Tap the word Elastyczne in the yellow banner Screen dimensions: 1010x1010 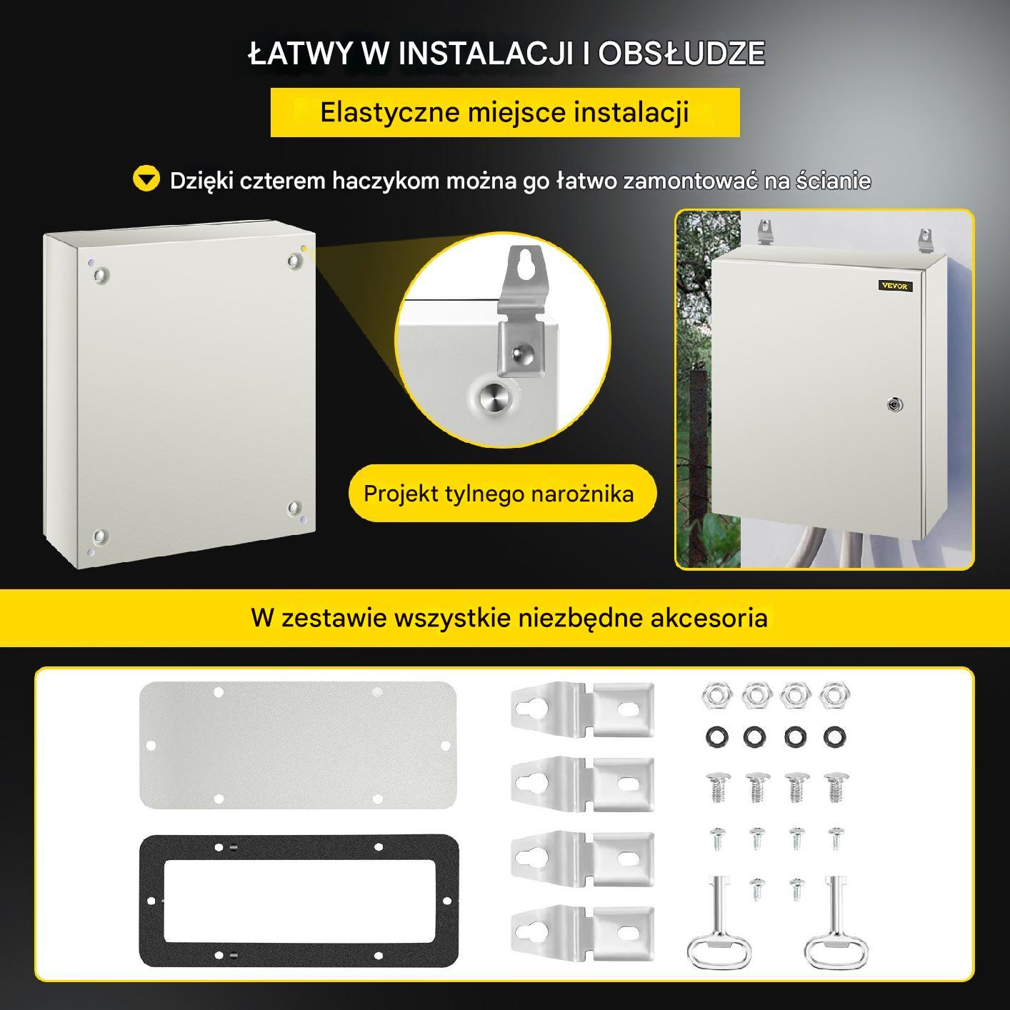pos(390,112)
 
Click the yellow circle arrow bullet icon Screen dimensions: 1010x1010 pos(146,179)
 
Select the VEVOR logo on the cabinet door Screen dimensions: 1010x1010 pos(896,286)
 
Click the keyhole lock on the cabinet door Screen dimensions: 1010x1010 pos(894,404)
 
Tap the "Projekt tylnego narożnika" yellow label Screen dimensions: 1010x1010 pos(502,493)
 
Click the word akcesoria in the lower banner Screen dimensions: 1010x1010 pos(709,617)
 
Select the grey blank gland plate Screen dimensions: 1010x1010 pos(298,745)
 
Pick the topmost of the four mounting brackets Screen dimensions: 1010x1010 pos(582,709)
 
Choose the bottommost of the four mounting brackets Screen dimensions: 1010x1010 pos(582,934)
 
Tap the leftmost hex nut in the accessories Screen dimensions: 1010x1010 pos(716,695)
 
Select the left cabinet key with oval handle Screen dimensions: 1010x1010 pos(719,924)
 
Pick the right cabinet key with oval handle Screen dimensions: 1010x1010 pos(836,924)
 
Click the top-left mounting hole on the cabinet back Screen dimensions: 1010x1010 pos(100,275)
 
